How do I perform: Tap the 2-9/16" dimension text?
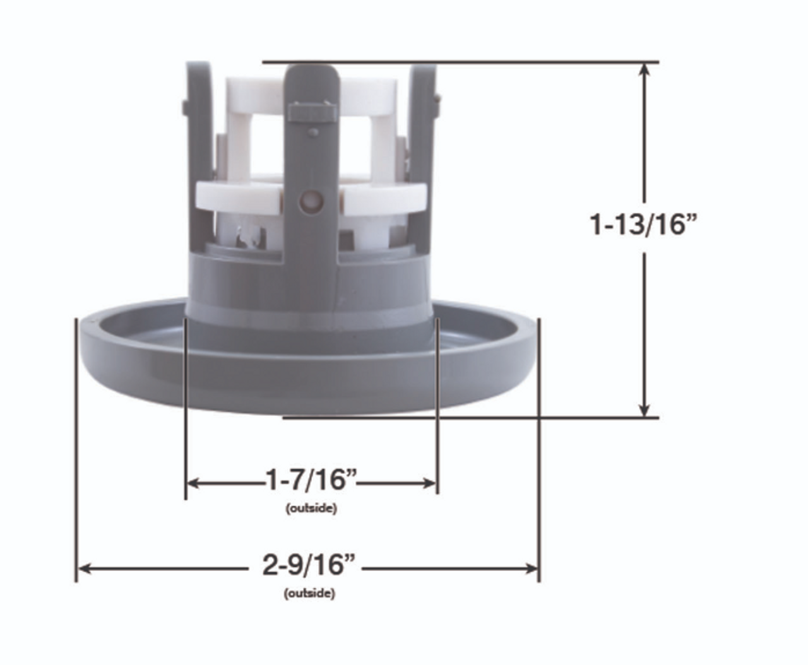point(309,565)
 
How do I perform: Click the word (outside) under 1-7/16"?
point(311,508)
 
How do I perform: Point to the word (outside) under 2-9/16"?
point(309,593)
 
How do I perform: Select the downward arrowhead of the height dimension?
point(645,409)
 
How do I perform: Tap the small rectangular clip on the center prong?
point(311,113)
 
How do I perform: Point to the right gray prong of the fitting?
point(421,126)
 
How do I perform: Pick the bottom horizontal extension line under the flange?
point(470,417)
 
